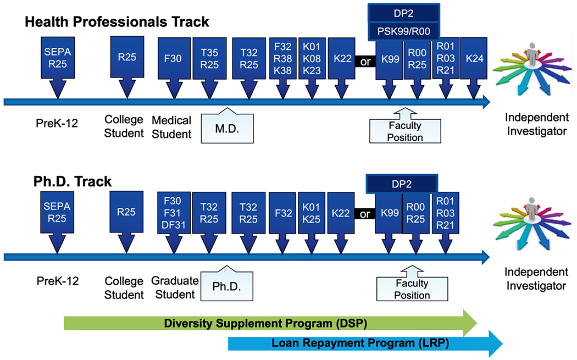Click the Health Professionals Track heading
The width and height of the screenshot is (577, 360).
[116, 22]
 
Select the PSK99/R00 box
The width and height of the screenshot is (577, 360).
[404, 31]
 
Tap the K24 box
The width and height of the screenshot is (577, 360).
[474, 58]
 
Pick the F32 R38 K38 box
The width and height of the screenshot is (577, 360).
[282, 58]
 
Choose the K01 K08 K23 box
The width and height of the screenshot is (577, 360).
[312, 58]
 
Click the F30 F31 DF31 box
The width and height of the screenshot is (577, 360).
[174, 213]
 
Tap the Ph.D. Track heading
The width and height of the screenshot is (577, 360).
[73, 181]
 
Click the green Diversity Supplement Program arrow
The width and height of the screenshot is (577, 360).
[270, 323]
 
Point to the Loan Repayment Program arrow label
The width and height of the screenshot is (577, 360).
[360, 343]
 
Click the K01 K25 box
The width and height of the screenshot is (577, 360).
[312, 213]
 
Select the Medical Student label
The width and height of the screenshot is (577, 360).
[171, 127]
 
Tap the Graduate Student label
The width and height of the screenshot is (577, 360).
[175, 287]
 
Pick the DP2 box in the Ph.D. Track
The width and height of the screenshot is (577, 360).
[402, 184]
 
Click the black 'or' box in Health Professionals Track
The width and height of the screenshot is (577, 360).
[365, 62]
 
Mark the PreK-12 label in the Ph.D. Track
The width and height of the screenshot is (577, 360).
[57, 281]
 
